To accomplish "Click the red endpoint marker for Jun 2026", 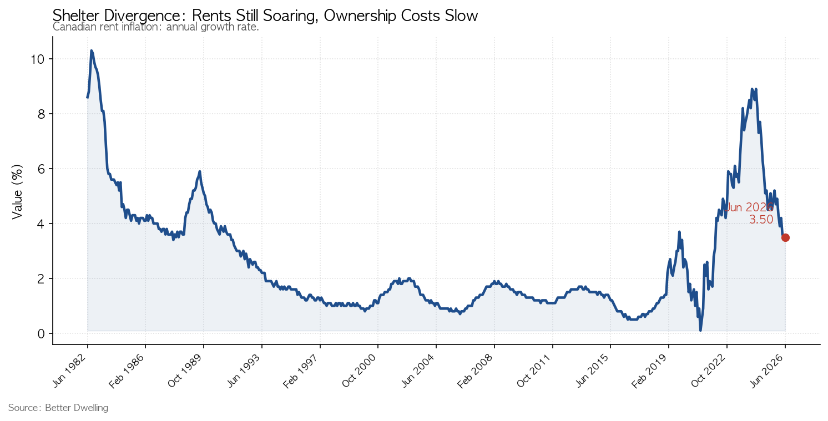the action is [x=785, y=238].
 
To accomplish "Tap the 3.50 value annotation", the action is [x=761, y=220].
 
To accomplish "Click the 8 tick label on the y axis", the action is [x=41, y=114].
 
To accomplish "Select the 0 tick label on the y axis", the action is [x=41, y=334].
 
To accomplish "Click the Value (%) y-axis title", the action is [x=17, y=192].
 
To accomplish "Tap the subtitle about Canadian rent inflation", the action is [x=155, y=27].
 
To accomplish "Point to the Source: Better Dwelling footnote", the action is [x=58, y=408].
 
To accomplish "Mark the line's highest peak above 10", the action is [x=92, y=50].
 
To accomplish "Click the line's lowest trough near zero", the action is [x=700, y=330].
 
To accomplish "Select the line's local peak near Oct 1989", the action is [x=200, y=171].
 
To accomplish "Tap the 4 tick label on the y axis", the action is [x=41, y=224].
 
